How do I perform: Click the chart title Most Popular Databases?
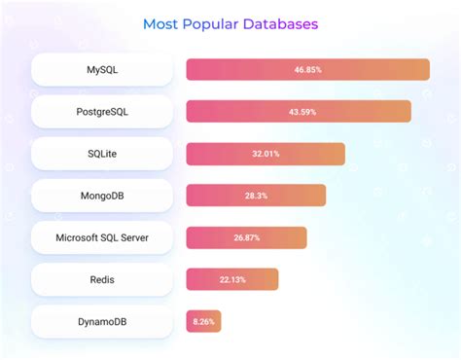[x=230, y=22]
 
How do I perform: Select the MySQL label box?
[x=101, y=70]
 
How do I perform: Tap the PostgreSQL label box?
[x=101, y=112]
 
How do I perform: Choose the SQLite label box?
[x=101, y=154]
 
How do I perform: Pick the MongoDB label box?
[x=101, y=196]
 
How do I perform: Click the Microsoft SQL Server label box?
[x=101, y=237]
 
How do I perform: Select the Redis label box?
[x=101, y=279]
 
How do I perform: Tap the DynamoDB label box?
[x=101, y=321]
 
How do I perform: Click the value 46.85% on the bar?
[x=308, y=70]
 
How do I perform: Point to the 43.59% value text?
[x=299, y=112]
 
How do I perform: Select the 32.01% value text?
[x=266, y=154]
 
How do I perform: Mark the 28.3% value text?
[x=256, y=196]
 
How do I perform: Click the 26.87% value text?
[x=246, y=237]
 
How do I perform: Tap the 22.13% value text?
[x=232, y=279]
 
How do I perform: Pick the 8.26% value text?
[x=204, y=321]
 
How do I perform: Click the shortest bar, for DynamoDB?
[x=204, y=321]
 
